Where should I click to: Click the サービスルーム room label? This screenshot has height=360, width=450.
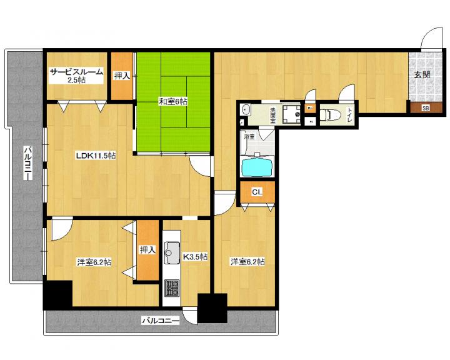(76, 71)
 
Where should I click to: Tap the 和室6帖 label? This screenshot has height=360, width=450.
(173, 101)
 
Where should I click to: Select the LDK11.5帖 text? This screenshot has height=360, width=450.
(96, 156)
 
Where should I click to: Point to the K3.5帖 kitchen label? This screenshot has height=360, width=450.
(195, 256)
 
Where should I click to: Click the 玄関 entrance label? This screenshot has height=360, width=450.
(422, 74)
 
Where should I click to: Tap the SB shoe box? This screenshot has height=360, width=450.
(426, 108)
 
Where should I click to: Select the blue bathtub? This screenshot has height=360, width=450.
(257, 167)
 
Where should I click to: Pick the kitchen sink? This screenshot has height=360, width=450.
(172, 252)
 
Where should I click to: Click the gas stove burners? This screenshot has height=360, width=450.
(172, 288)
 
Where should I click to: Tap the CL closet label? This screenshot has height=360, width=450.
(257, 192)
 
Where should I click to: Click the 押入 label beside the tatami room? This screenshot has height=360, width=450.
(122, 76)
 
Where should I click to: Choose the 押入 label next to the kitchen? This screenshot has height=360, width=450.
(147, 250)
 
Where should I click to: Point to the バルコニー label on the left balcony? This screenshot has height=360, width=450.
(28, 162)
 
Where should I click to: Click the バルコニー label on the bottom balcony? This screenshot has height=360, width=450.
(161, 321)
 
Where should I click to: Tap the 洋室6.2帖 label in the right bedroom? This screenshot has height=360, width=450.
(247, 261)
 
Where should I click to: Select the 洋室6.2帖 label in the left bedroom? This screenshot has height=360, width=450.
(94, 262)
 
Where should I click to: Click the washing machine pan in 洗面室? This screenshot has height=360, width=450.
(291, 114)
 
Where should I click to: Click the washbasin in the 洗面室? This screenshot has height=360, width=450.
(246, 109)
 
